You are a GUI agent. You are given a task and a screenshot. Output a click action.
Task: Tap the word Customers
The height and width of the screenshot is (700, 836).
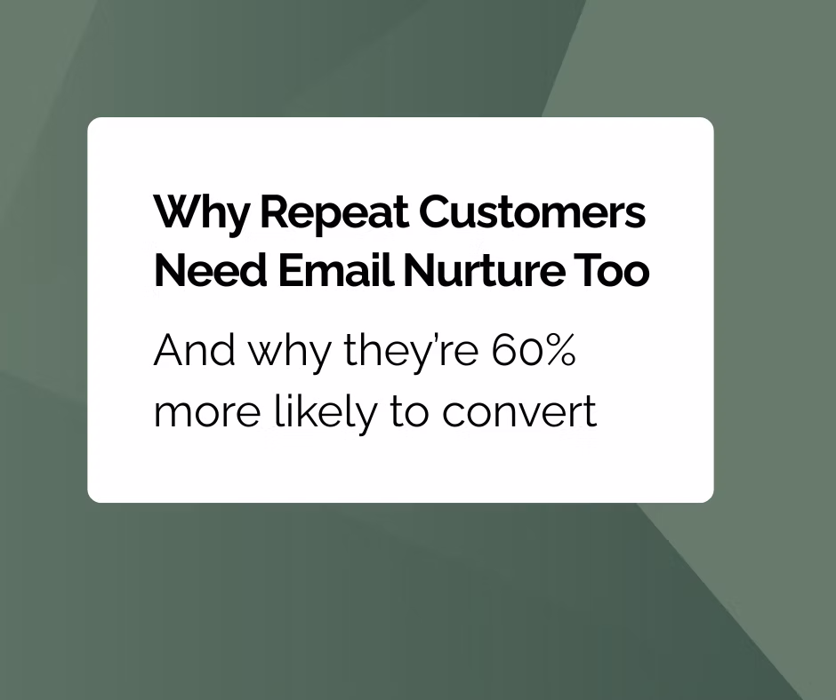point(532,214)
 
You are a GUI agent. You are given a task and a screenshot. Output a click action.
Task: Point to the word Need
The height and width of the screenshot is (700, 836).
point(200,272)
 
